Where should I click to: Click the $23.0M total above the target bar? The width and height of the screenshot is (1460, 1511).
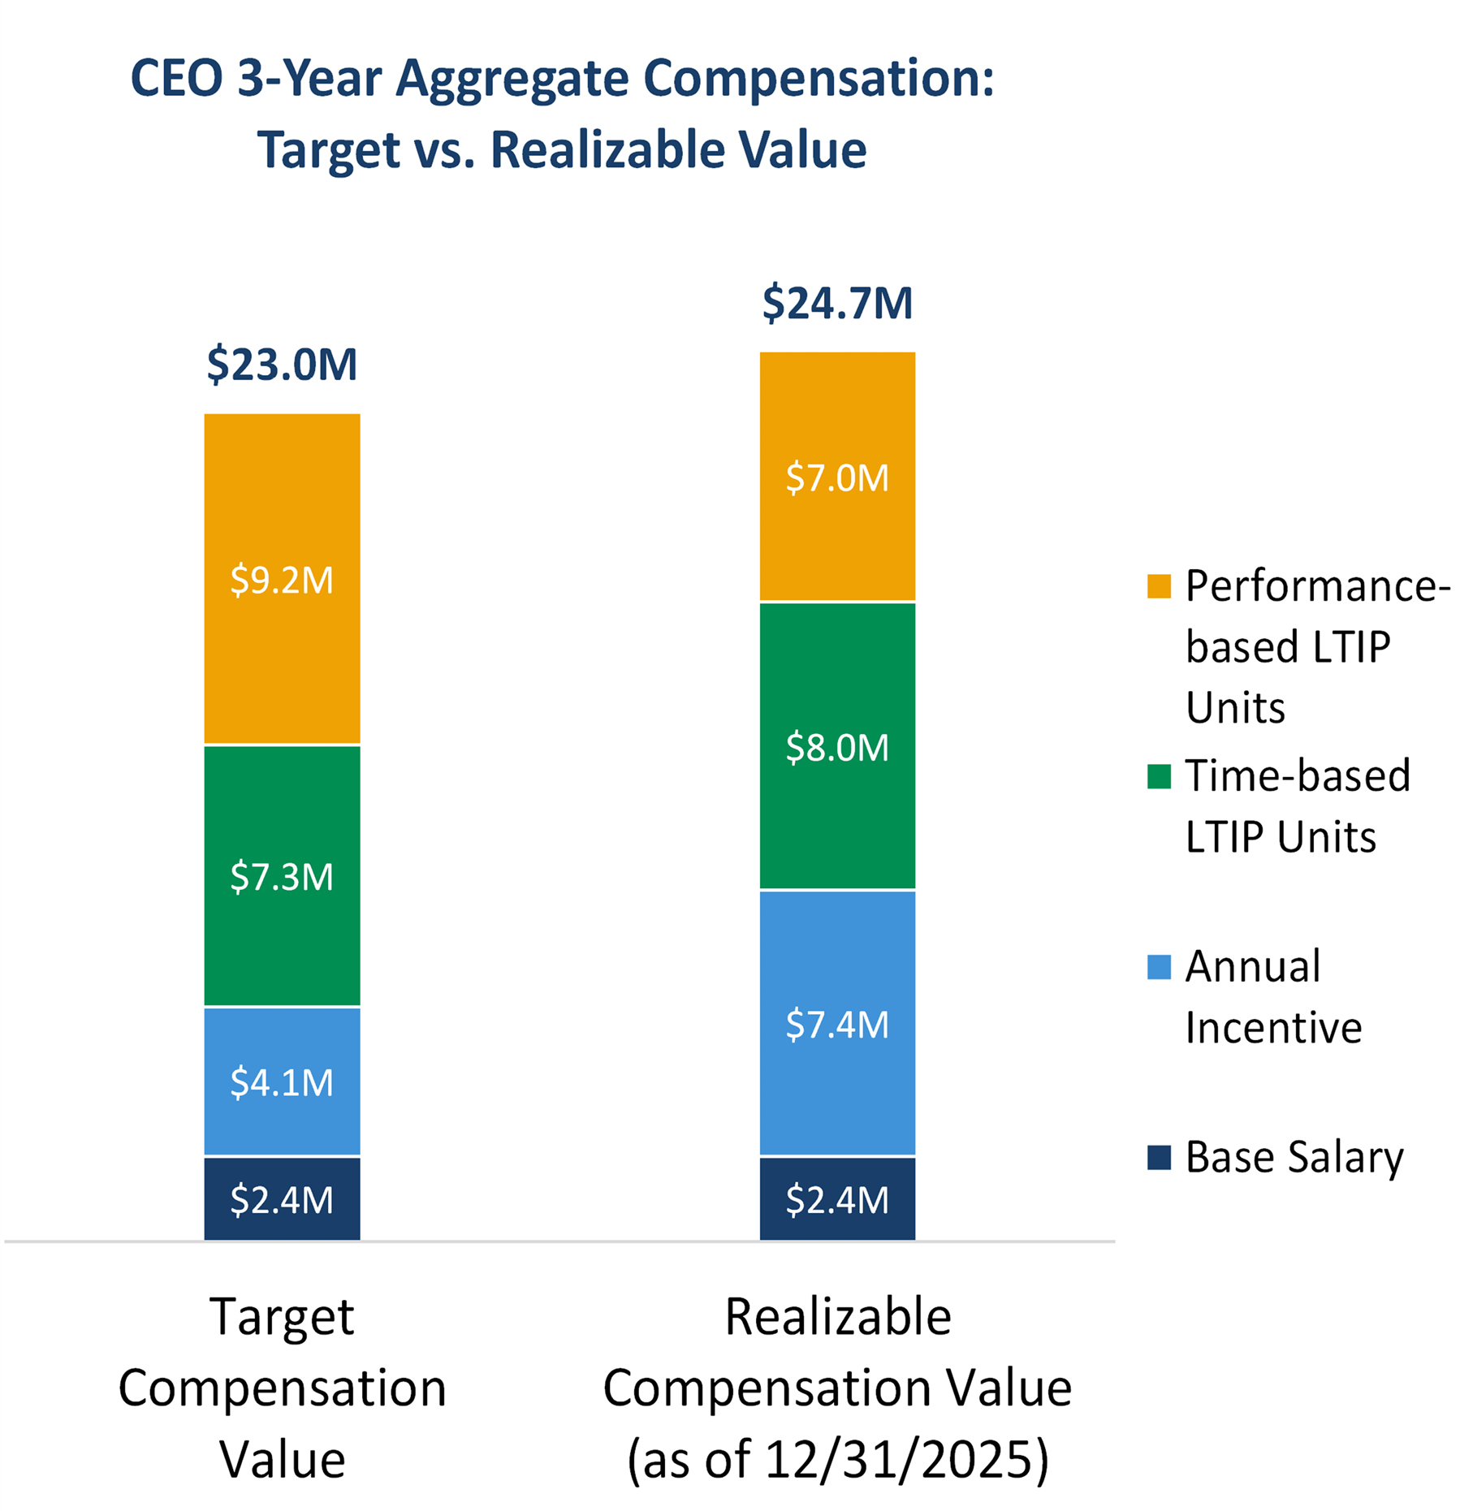click(282, 365)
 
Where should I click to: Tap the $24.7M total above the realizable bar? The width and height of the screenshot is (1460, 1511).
click(837, 304)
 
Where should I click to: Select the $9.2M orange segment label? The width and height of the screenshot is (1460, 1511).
click(282, 581)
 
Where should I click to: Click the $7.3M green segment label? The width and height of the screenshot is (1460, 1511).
click(282, 877)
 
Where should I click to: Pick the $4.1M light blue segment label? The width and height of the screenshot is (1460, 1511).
click(282, 1082)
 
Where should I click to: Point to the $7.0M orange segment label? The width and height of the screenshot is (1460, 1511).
click(837, 477)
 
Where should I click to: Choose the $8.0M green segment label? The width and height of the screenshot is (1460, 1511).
click(837, 747)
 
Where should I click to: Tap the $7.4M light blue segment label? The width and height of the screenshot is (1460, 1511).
click(837, 1025)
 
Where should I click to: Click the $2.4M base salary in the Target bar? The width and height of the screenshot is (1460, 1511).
click(282, 1200)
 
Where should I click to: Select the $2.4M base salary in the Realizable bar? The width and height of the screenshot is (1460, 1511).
click(837, 1200)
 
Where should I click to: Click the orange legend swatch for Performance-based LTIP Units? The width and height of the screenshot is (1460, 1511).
click(1159, 586)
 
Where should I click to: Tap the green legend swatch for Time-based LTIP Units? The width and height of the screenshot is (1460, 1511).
click(1159, 776)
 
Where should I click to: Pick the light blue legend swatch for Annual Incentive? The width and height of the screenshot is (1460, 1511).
click(1159, 966)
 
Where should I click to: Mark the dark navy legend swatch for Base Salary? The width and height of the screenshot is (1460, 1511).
click(1159, 1157)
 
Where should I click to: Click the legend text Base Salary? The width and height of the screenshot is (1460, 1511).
click(1294, 1157)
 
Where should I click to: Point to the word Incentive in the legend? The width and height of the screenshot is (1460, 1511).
click(1272, 1028)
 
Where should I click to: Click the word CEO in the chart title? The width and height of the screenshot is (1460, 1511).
click(176, 79)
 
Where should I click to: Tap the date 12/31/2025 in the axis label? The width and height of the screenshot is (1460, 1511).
click(890, 1458)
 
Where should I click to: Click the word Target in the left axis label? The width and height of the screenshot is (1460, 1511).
click(282, 1316)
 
